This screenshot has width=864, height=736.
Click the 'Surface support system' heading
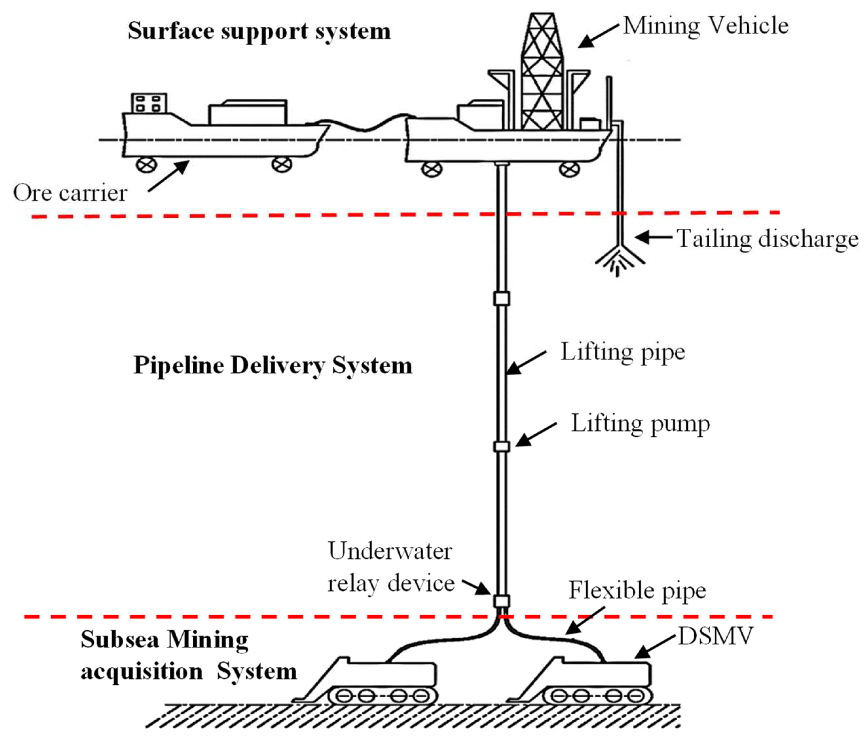pos(259,31)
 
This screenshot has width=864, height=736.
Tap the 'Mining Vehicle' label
pos(705,26)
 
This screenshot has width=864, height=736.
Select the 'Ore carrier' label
pos(70,193)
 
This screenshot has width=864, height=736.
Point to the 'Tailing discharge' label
pos(767,239)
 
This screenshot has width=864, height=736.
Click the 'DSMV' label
pos(716,636)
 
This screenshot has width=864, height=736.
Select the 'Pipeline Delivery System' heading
pos(273,366)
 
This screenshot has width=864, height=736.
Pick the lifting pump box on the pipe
pos(501,446)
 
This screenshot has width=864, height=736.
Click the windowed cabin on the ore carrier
pos(149,103)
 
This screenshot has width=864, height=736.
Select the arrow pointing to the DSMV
pos(654,647)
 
